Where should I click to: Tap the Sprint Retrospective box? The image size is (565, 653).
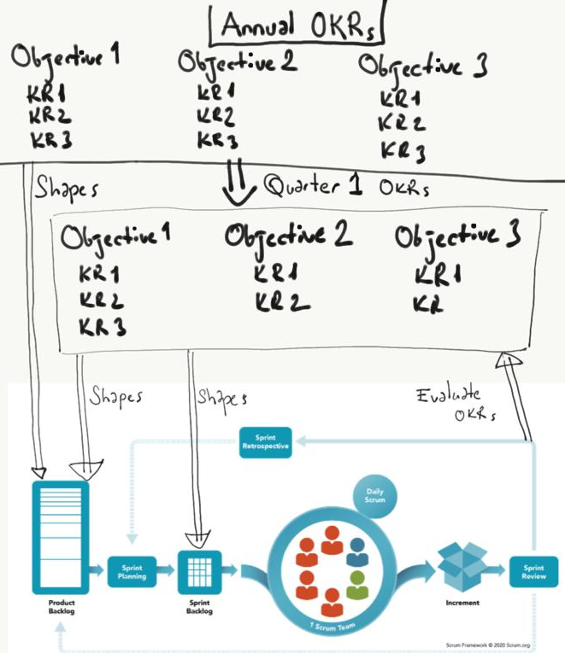click(x=266, y=442)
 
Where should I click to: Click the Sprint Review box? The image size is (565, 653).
click(x=533, y=572)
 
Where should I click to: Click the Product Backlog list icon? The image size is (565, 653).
click(x=60, y=537)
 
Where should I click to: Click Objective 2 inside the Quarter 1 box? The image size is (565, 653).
click(x=289, y=236)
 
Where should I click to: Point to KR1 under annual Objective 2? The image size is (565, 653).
click(x=216, y=91)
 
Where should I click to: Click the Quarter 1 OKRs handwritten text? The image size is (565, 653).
click(x=346, y=185)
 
